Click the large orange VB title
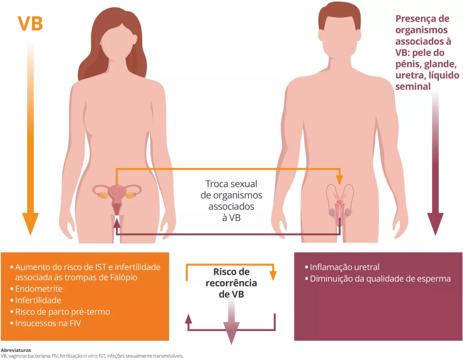[30, 24]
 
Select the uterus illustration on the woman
[116, 196]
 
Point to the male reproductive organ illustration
[340, 204]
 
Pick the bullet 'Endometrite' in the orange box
[39, 289]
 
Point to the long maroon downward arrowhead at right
[435, 223]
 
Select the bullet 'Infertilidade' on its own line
[38, 301]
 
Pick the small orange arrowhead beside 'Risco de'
[273, 276]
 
